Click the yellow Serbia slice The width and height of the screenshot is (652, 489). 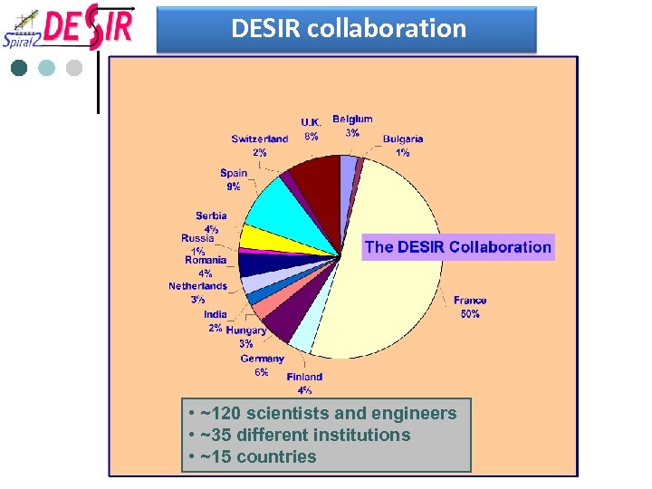(257, 237)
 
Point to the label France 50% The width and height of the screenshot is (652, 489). (470, 307)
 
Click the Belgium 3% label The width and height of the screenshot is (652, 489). (352, 126)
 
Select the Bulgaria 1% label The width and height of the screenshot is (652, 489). (403, 146)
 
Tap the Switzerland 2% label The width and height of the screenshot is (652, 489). (259, 146)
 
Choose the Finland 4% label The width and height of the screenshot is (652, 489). (304, 383)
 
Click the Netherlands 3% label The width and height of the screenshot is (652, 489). (197, 292)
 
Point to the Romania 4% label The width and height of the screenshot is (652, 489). (206, 266)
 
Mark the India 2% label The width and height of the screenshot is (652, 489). (216, 321)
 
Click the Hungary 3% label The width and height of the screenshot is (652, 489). (246, 337)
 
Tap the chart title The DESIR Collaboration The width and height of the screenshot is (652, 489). (457, 247)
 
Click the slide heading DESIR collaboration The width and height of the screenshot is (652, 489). (349, 29)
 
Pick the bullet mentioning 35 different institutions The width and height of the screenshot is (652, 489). (300, 436)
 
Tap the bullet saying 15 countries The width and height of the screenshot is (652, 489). (253, 457)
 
